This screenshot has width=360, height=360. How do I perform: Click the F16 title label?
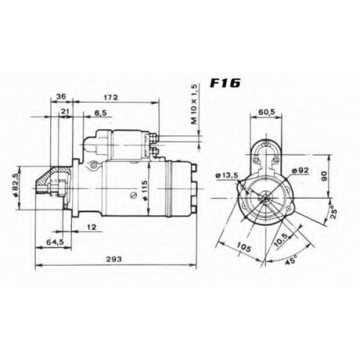225,84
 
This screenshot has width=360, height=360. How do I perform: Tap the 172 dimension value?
111,97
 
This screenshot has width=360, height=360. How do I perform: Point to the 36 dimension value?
60,96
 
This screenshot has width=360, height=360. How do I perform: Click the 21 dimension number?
65,111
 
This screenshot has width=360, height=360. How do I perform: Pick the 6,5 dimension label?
101,112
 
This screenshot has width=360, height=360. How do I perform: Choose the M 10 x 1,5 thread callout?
194,104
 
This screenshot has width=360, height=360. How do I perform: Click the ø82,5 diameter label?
16,186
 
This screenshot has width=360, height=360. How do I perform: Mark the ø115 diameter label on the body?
144,186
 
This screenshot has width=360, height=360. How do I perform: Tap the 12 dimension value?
91,227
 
